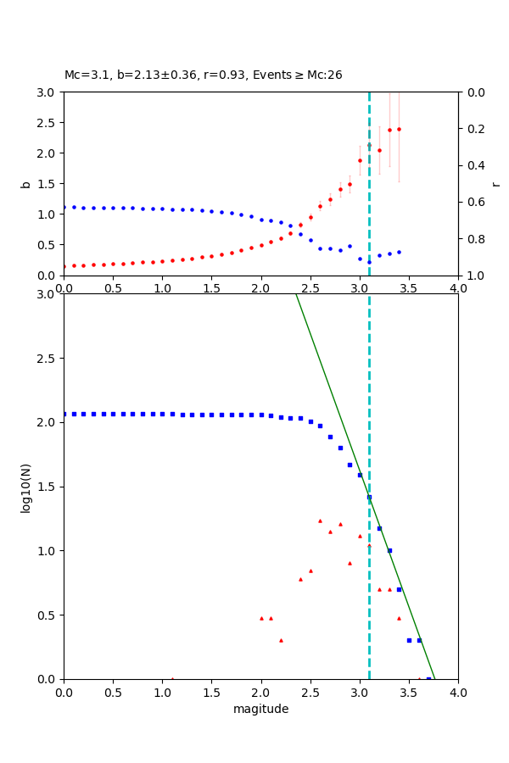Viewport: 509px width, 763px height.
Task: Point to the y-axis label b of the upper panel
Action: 25,183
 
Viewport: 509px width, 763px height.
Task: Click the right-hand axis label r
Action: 495,183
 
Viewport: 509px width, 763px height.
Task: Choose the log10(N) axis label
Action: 25,487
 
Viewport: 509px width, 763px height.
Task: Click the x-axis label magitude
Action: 260,709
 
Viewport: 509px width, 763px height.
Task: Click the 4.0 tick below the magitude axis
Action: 458,692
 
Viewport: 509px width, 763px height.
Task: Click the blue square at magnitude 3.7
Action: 428,679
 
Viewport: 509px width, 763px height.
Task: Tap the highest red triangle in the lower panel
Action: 320,521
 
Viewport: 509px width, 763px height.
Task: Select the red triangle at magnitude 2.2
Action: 281,640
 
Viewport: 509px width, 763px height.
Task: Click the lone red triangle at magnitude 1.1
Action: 172,679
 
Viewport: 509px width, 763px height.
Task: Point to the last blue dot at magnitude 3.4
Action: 399,252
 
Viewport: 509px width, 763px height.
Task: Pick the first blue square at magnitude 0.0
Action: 64,414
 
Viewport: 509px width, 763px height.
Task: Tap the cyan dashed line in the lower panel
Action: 369,593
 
